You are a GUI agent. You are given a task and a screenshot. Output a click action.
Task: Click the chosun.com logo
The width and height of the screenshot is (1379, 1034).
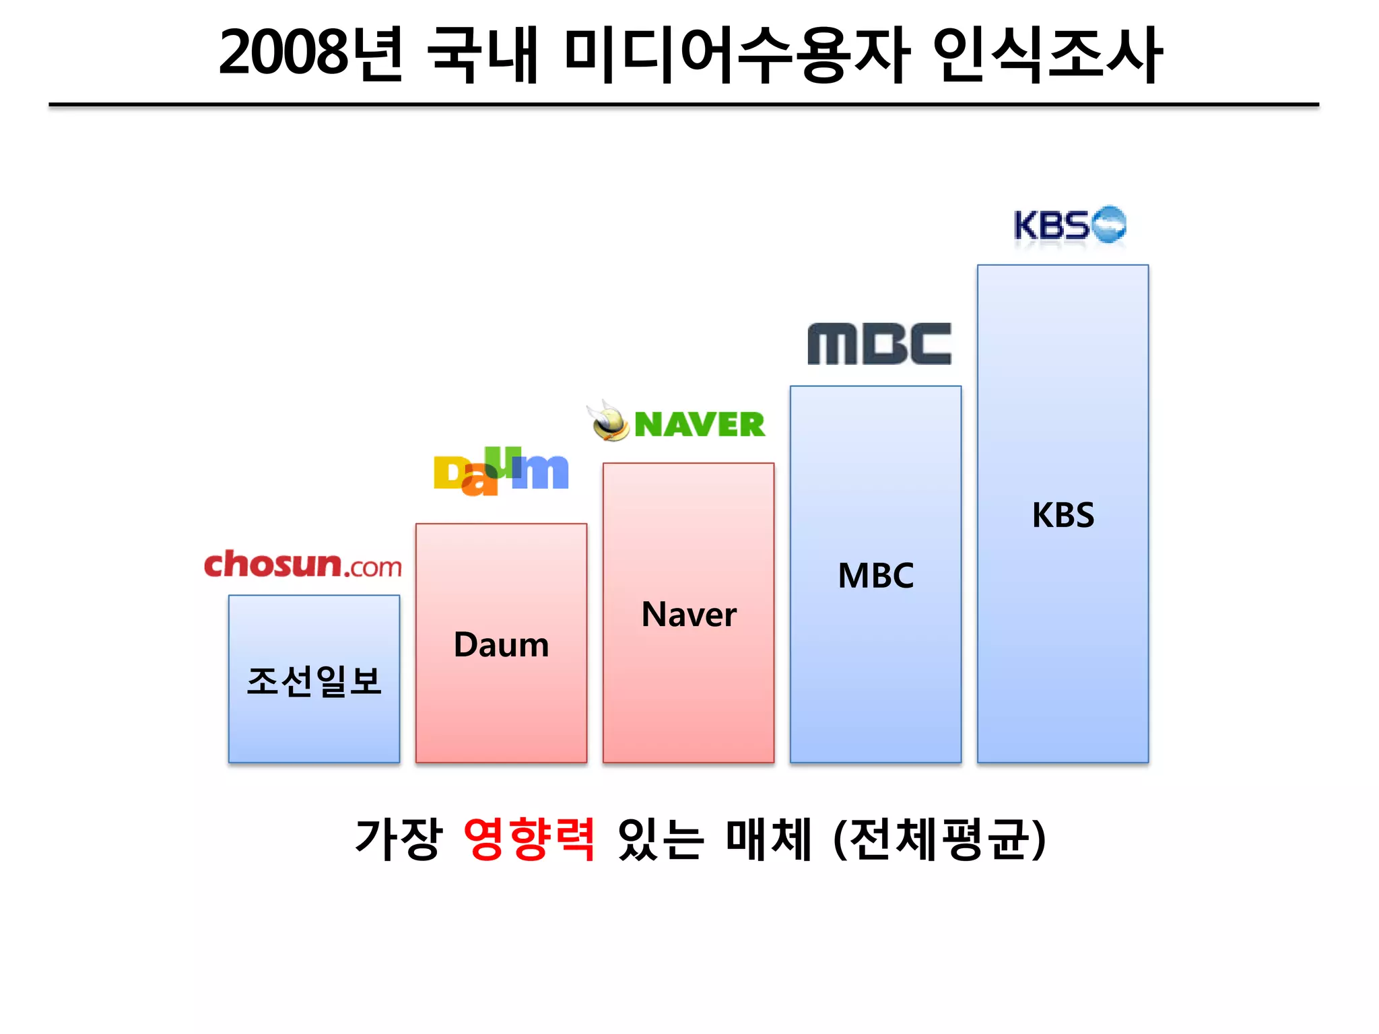pyautogui.click(x=302, y=565)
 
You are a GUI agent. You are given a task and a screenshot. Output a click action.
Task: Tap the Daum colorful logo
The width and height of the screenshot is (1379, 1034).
pyautogui.click(x=501, y=472)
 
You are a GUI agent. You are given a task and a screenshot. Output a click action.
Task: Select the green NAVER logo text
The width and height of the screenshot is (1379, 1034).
pyautogui.click(x=700, y=424)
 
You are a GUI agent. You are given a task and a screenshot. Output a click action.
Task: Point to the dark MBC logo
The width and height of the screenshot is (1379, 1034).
pyautogui.click(x=879, y=343)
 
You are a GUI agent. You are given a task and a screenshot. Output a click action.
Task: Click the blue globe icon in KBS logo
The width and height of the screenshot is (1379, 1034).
pyautogui.click(x=1108, y=224)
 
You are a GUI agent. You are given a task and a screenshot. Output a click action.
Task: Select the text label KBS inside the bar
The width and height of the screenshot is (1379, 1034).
pyautogui.click(x=1063, y=515)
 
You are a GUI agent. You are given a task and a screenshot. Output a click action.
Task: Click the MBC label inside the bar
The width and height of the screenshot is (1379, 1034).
pyautogui.click(x=875, y=576)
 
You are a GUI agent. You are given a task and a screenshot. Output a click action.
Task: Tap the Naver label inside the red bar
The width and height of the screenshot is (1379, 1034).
pyautogui.click(x=689, y=615)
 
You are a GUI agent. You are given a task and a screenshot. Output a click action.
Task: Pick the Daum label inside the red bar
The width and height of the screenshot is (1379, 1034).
pyautogui.click(x=502, y=645)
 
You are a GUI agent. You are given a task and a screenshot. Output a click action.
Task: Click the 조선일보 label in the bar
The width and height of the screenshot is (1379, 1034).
pyautogui.click(x=314, y=681)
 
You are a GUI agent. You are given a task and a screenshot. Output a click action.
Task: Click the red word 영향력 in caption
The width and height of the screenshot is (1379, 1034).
pyautogui.click(x=529, y=839)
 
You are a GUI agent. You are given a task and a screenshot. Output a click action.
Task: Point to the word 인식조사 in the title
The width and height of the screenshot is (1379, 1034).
pyautogui.click(x=1047, y=55)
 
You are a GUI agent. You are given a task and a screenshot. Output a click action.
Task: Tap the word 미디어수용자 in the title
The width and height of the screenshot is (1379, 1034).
pyautogui.click(x=737, y=55)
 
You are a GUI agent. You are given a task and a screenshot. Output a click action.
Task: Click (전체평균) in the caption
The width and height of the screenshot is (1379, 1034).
pyautogui.click(x=940, y=839)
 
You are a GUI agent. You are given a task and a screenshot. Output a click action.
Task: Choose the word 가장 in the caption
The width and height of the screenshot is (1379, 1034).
pyautogui.click(x=399, y=839)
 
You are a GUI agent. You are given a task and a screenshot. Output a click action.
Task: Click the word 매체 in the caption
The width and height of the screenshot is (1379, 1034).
pyautogui.click(x=768, y=839)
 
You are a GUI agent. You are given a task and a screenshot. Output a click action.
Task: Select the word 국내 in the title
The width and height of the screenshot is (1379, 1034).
pyautogui.click(x=483, y=55)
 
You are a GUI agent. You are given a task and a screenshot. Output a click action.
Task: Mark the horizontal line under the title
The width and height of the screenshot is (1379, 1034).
pyautogui.click(x=683, y=105)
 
